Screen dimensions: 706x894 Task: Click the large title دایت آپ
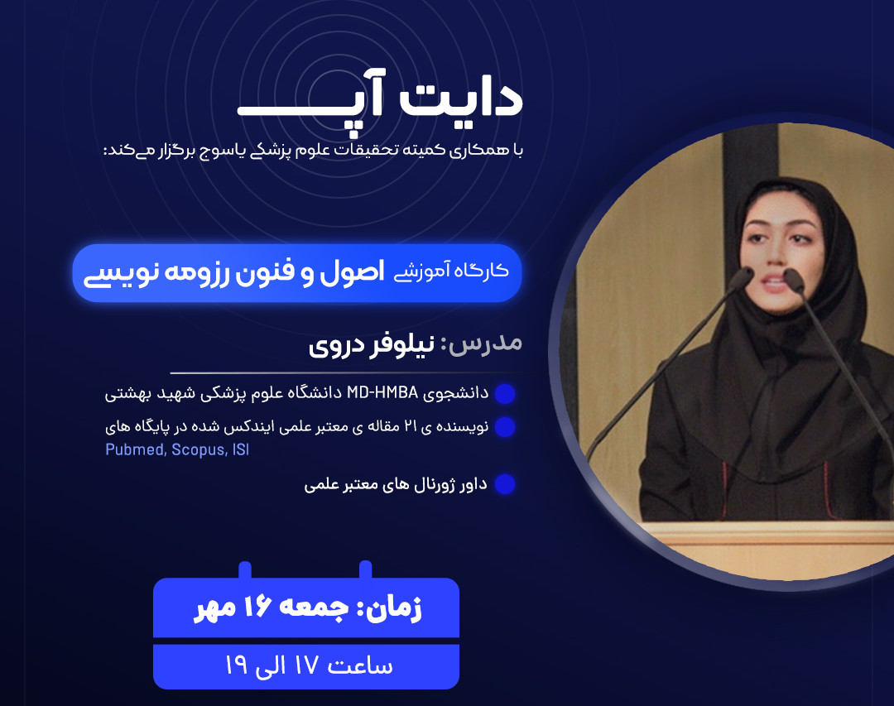[x=381, y=100]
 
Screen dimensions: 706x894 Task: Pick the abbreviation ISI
[x=240, y=450]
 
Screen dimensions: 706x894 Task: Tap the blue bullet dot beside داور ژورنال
[x=505, y=484]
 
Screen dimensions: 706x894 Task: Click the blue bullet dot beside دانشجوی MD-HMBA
[x=505, y=394]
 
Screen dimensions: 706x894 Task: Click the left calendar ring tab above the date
[x=245, y=571]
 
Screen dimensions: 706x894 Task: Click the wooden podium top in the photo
[x=762, y=537]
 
